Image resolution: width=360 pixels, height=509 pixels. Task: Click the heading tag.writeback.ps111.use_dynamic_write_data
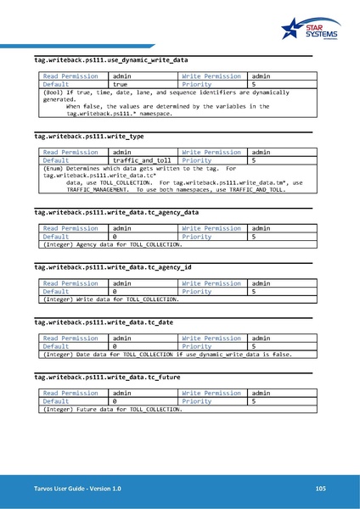click(110, 61)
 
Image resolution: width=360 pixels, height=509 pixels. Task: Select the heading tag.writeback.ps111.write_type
click(89, 136)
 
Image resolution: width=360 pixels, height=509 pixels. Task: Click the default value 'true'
click(121, 85)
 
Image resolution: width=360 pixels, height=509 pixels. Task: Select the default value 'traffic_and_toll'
click(141, 159)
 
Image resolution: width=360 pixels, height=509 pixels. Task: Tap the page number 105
click(320, 489)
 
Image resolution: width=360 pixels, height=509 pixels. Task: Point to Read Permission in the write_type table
click(71, 152)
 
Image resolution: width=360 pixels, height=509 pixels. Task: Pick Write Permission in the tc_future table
click(211, 393)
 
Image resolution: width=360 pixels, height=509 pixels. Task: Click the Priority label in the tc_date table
click(196, 346)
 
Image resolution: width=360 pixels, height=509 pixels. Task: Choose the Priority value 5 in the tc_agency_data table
click(253, 237)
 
